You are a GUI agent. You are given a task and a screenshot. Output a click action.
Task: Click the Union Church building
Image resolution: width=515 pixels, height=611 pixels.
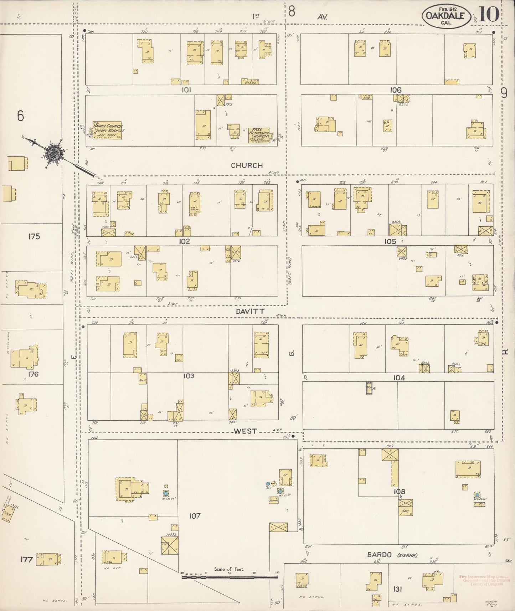pos(107,130)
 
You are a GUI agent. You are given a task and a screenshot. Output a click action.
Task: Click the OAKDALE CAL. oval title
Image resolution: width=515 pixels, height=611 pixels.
pos(446,16)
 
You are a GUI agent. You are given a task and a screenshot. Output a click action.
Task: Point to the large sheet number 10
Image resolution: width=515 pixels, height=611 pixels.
pos(490,14)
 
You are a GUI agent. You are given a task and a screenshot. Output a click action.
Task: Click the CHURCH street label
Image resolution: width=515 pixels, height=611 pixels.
pos(247,165)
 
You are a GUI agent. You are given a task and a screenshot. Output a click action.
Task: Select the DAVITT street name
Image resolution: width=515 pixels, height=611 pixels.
pos(250,311)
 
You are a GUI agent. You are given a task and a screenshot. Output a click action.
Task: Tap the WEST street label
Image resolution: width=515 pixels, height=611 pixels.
pos(245,431)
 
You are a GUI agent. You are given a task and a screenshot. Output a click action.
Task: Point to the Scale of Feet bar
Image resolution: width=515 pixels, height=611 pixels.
pos(230,576)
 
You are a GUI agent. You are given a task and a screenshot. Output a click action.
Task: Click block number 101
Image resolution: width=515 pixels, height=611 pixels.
pos(186,90)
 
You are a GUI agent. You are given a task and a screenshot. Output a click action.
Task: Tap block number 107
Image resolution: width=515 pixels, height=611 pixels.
pos(195,516)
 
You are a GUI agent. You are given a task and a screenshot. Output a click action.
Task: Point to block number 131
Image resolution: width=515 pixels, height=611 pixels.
pos(397,589)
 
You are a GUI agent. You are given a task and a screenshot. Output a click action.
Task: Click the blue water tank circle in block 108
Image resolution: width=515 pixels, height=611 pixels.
pos(477,495)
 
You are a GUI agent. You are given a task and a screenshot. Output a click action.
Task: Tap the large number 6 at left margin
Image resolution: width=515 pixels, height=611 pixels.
pos(20,116)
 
